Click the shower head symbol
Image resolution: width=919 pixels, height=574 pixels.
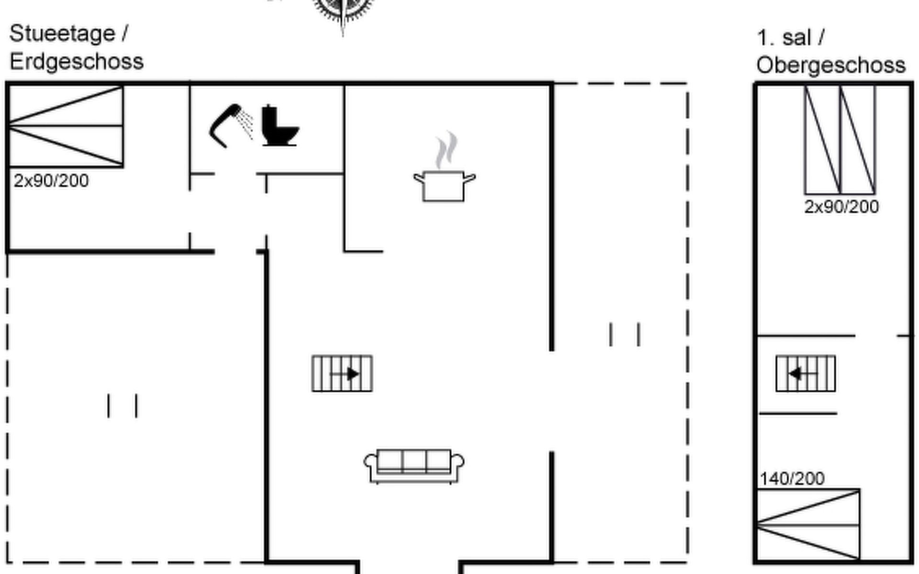230,125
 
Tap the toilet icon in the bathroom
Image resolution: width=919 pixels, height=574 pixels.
279,126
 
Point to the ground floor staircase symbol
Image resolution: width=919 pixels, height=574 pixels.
342,373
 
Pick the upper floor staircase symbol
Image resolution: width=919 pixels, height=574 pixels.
806,373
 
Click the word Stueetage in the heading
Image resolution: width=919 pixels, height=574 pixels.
62,33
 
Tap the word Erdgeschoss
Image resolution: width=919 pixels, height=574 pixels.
77,62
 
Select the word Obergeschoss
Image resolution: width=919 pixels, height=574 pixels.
831,65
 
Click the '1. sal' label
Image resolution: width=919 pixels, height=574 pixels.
784,38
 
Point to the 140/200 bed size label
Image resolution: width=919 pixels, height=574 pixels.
792,478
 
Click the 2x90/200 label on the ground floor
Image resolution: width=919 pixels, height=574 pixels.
51,181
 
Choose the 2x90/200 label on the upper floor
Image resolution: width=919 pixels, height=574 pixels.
841,207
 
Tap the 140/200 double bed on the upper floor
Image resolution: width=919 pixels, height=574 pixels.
808,524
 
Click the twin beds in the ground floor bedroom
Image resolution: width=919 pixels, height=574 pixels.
66,126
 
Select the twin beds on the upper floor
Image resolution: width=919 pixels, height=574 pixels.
840,139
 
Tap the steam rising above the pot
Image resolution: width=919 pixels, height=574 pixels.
446,150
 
